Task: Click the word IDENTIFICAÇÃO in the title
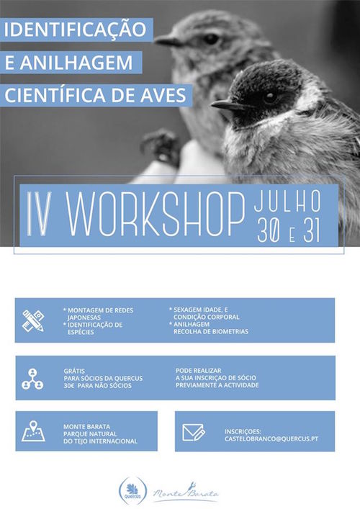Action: [x=75, y=30]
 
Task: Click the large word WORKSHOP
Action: [x=156, y=215]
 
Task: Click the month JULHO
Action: [x=287, y=201]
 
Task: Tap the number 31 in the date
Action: [x=312, y=231]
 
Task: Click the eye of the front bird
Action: [x=270, y=96]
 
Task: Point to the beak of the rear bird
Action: [x=168, y=40]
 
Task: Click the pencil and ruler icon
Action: [x=33, y=320]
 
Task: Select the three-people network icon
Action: [x=32, y=379]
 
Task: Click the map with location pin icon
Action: [x=33, y=431]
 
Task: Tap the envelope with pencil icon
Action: [x=194, y=433]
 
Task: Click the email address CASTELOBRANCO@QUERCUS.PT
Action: [x=271, y=438]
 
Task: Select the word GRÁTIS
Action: [x=74, y=371]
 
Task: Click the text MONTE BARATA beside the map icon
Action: [x=86, y=426]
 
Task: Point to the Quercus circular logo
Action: [x=132, y=491]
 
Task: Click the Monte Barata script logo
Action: [x=186, y=492]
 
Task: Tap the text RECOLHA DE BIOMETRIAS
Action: [x=211, y=331]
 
